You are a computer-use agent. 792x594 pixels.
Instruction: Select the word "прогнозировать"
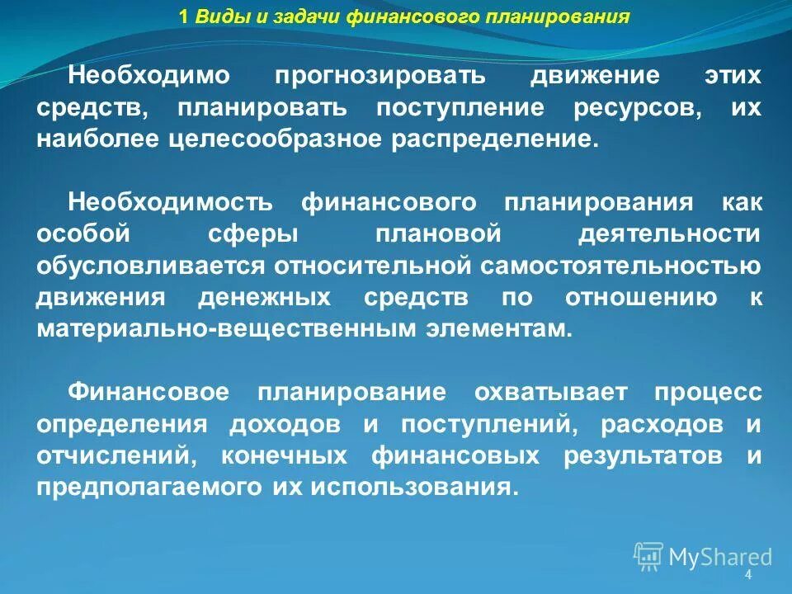382,76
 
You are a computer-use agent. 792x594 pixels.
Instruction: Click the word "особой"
83,233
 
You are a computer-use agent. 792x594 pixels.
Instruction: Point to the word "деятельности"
669,233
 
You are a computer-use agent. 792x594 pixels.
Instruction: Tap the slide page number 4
748,575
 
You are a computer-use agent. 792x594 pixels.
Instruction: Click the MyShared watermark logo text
719,556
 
